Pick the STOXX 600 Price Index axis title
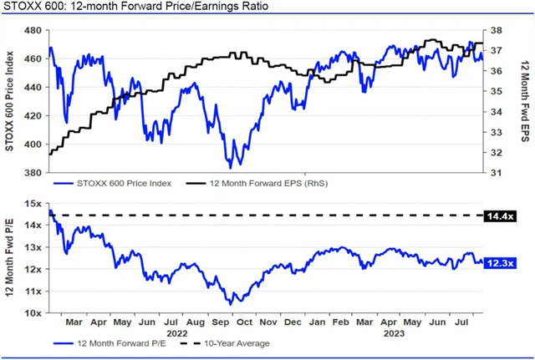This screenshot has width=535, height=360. click(x=10, y=101)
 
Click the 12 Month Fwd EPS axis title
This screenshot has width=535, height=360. click(x=524, y=101)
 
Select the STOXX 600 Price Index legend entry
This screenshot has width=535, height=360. click(x=120, y=182)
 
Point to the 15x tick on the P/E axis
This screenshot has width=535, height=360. click(x=33, y=203)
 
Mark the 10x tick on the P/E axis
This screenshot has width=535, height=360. click(x=33, y=313)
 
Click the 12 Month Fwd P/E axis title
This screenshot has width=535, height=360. click(x=10, y=258)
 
